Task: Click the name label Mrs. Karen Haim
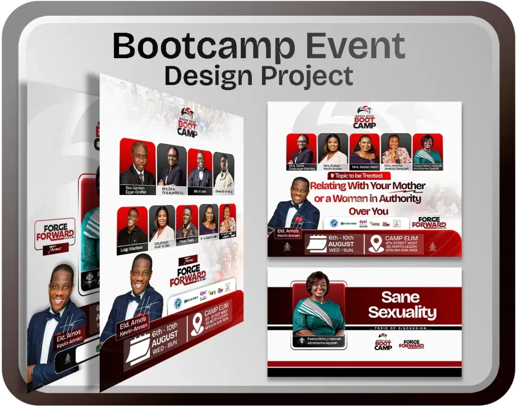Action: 364,167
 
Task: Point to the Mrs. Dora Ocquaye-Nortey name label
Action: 301,168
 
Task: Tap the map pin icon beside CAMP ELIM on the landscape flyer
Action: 375,244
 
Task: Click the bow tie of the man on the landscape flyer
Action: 294,206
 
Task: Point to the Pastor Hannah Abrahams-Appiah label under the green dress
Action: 319,341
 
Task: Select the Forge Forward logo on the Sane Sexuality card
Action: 411,344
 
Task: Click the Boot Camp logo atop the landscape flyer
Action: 364,118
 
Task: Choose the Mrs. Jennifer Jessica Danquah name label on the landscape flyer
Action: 397,168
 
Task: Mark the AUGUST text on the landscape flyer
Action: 341,244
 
